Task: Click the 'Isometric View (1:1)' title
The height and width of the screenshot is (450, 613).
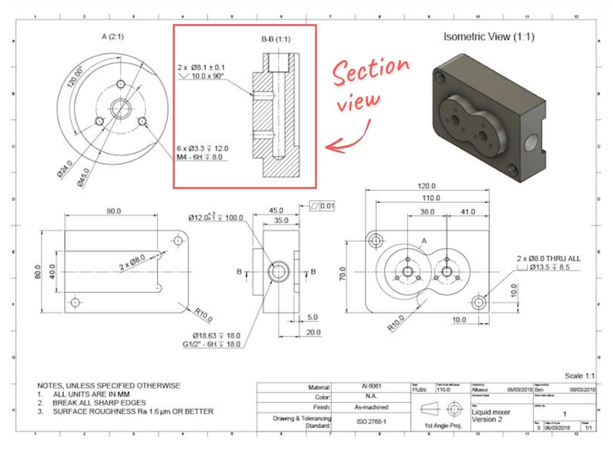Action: [489, 37]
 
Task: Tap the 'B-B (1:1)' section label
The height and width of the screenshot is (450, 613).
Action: [276, 39]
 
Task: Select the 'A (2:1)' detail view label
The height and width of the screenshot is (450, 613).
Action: [112, 36]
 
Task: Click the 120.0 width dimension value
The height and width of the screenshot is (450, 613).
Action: [426, 186]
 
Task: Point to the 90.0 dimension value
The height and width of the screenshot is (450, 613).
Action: [114, 211]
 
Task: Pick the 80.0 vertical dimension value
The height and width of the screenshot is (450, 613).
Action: [38, 272]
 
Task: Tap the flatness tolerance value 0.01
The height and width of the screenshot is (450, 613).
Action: [327, 206]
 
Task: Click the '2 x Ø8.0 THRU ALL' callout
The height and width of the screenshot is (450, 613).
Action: [548, 259]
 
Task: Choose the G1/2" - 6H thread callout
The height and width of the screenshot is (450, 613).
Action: [211, 344]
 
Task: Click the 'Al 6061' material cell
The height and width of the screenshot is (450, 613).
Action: [371, 386]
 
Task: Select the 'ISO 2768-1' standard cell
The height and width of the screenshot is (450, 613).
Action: [371, 421]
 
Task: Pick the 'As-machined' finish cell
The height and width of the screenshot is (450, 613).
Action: [371, 407]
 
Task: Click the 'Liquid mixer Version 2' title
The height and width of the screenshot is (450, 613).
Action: [491, 416]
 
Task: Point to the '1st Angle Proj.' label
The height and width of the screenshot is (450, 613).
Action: [443, 426]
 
